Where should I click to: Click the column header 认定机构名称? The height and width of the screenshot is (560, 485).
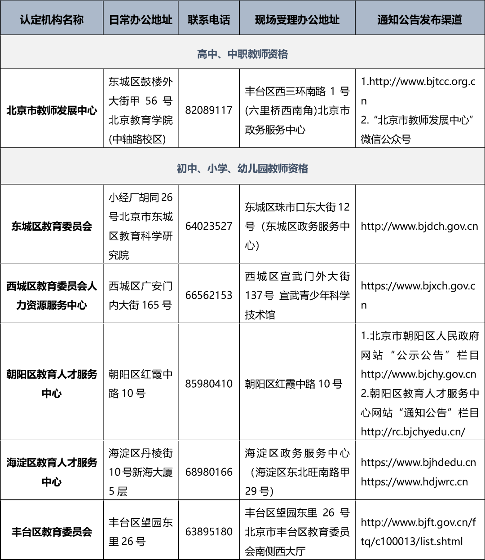point(52,20)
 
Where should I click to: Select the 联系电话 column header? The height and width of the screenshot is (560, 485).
point(209,20)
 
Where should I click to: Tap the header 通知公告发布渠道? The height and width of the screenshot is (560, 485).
point(419,20)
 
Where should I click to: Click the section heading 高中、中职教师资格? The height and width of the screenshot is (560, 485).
point(242,54)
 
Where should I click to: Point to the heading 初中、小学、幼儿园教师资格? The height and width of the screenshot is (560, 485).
point(242,169)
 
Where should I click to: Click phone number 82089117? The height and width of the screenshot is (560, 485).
point(209,110)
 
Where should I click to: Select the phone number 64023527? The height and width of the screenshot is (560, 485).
point(209,226)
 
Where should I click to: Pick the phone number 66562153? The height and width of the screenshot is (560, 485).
point(209,295)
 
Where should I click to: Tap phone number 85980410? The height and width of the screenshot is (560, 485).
point(209,384)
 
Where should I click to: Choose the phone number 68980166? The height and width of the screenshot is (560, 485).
point(209,472)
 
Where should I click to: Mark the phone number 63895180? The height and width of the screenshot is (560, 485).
point(209,532)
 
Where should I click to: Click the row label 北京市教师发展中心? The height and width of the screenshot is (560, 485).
point(52,110)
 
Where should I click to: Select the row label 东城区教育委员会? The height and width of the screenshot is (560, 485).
point(52,226)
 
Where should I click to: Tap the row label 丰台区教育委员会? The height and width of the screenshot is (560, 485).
point(52,532)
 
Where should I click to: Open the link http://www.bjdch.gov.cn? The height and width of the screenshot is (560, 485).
point(419,226)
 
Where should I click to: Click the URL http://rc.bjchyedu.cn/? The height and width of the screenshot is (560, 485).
point(413,432)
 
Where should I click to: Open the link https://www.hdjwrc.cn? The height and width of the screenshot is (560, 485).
point(414,482)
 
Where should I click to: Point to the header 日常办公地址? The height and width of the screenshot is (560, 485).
point(141,20)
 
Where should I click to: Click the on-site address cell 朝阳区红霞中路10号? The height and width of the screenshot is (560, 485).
point(293,384)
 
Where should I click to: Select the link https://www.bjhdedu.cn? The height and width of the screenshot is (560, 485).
point(418,463)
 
